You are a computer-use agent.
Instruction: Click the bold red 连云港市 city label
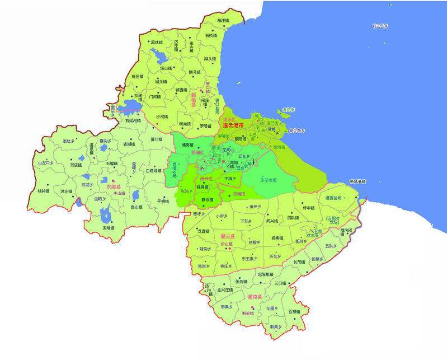[233, 125]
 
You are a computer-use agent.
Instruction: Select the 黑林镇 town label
[157, 42]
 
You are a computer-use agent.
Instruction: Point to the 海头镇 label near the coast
[210, 58]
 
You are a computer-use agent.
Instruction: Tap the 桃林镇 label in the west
[44, 190]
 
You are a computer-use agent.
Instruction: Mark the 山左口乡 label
[45, 163]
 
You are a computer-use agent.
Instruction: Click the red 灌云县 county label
[228, 237]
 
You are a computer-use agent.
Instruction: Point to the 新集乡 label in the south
[276, 326]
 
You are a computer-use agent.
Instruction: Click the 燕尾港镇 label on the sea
[357, 181]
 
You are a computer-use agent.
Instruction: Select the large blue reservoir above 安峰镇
[105, 214]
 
